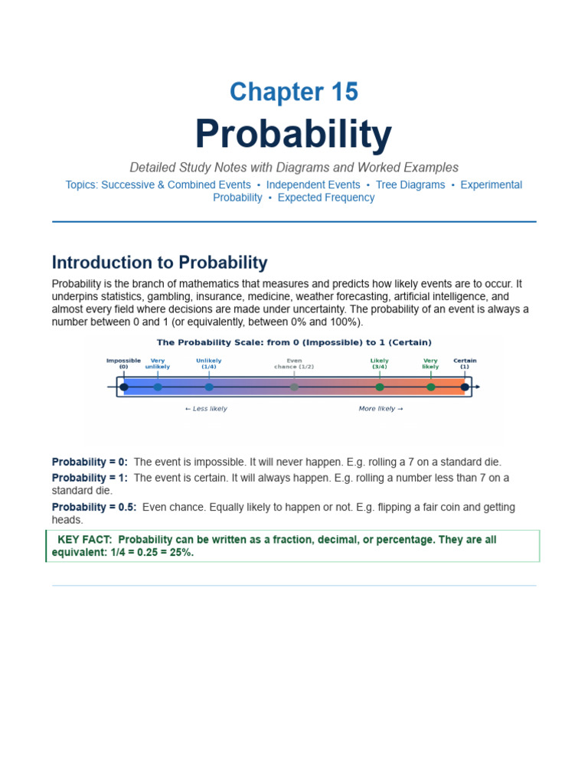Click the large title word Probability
(x=293, y=134)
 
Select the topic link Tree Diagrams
(x=410, y=185)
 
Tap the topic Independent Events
(x=313, y=185)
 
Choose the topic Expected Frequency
(x=326, y=198)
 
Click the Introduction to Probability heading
(x=159, y=263)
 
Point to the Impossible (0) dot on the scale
(x=124, y=387)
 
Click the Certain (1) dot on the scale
(x=465, y=387)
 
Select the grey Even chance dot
(x=294, y=387)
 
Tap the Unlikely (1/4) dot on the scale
(x=209, y=387)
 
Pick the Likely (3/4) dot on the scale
(x=380, y=387)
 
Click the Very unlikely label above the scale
(x=158, y=364)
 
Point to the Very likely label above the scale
(x=430, y=364)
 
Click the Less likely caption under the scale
(x=206, y=409)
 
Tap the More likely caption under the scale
(x=381, y=409)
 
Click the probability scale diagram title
(x=294, y=342)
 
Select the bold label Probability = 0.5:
(x=94, y=508)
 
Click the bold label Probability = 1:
(x=90, y=478)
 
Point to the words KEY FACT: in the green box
(x=85, y=540)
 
